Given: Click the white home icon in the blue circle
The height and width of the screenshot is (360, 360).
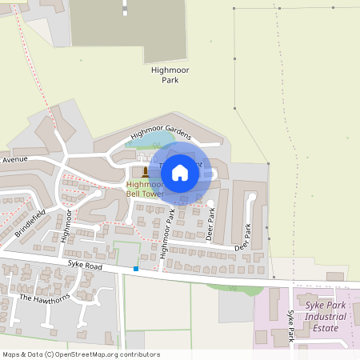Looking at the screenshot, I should point(180,172).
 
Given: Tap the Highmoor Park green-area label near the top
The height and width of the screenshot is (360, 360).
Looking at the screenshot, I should point(170,75).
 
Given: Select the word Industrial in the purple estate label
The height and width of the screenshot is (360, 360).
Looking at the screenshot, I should point(326,317).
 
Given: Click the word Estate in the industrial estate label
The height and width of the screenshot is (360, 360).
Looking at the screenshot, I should point(326,327).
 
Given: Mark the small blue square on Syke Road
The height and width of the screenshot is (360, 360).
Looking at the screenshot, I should point(136,269).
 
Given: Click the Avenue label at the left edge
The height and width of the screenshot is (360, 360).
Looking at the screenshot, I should point(14,160).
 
